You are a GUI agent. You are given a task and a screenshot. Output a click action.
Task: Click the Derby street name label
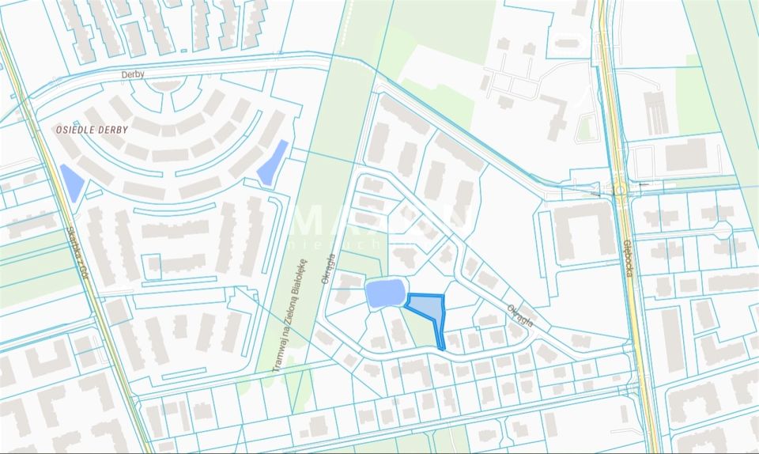(x=134, y=75)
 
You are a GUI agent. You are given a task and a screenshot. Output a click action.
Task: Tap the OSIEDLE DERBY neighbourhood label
(x=92, y=129)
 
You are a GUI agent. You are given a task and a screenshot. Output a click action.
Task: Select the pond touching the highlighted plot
(x=384, y=293)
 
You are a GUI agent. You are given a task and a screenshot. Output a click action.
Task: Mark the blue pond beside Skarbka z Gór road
(x=71, y=182)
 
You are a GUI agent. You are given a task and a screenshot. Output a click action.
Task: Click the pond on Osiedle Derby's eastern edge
(x=272, y=162)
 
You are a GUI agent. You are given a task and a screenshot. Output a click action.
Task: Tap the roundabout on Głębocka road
(x=621, y=190)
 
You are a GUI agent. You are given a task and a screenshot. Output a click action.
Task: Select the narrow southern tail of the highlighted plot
(x=440, y=339)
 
